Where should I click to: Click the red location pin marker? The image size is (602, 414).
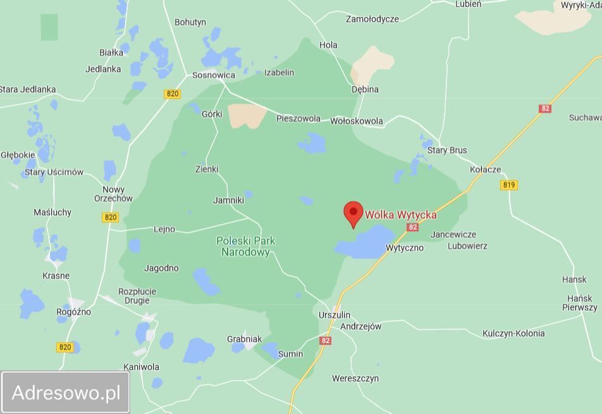(353, 213)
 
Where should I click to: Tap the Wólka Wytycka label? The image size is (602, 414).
(401, 215)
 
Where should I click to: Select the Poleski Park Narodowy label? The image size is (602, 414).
(246, 246)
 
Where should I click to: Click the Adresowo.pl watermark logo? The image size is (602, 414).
(66, 392)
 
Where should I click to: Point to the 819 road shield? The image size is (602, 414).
(508, 185)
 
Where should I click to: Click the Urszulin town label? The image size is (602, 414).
(334, 315)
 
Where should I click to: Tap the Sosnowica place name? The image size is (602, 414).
(214, 75)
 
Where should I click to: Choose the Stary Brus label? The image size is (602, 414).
(447, 150)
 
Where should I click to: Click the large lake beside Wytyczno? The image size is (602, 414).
(365, 244)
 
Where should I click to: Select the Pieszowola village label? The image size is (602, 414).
(298, 118)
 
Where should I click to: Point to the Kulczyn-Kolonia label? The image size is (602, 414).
(513, 333)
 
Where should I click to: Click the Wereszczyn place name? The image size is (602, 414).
(355, 379)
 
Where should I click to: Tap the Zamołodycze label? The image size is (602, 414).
(372, 19)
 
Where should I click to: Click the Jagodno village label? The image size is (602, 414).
(161, 268)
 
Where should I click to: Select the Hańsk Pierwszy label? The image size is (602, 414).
(580, 303)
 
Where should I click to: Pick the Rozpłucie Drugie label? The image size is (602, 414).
(137, 296)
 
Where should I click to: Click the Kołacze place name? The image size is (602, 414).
(486, 169)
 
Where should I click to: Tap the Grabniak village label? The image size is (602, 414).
(244, 339)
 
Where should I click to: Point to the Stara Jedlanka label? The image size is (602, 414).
(28, 89)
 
